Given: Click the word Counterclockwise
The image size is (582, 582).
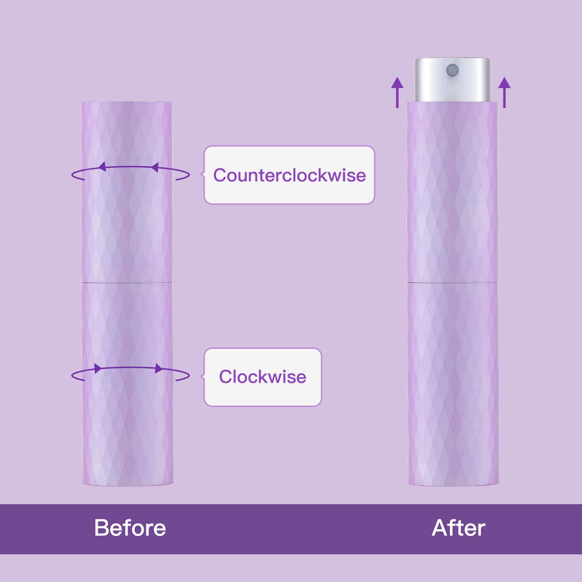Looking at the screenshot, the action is click(290, 175).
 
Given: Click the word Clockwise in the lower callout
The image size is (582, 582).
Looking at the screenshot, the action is click(263, 377).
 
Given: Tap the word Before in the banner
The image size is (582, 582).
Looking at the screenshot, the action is click(130, 528).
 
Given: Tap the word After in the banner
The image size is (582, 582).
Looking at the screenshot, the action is click(458, 528).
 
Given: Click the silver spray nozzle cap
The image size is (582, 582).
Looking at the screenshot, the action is click(452, 80).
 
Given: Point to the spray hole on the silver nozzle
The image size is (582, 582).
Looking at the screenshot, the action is click(453, 69).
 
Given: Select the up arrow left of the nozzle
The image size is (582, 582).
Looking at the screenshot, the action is click(397, 92).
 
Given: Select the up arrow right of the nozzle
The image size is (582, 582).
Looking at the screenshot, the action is click(505, 92).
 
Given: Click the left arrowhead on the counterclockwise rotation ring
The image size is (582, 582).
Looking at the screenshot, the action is click(102, 167).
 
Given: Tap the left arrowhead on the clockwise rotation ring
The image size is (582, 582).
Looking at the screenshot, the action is click(98, 368).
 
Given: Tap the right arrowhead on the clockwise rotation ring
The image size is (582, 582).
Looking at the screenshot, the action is click(159, 368).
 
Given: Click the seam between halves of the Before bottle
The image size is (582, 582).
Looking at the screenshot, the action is click(126, 282).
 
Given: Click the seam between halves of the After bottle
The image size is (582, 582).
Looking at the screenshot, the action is click(452, 282).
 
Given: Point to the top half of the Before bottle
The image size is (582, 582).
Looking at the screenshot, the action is click(126, 191).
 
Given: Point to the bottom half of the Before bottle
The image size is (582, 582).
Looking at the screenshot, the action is click(127, 384).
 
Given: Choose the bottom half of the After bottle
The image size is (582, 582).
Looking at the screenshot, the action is click(453, 384).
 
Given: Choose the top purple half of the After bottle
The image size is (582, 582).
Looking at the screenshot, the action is click(452, 192).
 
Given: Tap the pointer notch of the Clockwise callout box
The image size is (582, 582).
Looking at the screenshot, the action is click(203, 376).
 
